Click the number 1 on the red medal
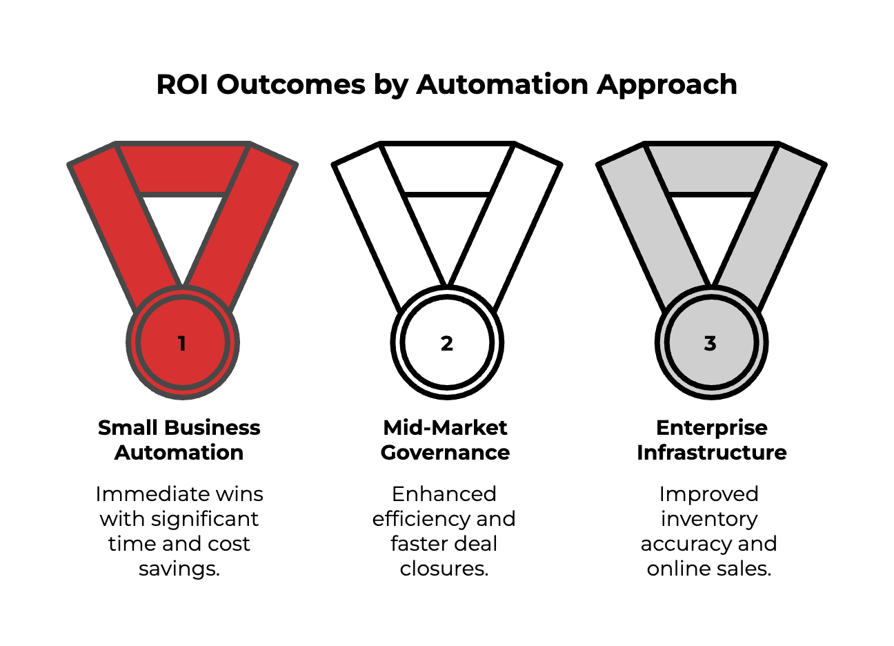(x=181, y=343)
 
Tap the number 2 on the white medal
(x=447, y=343)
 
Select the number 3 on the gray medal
(x=711, y=343)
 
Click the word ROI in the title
(x=182, y=85)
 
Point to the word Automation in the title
(x=503, y=85)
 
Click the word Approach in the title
(x=667, y=85)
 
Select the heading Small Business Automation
(x=179, y=440)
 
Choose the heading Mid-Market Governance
(x=445, y=440)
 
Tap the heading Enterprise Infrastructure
(x=711, y=440)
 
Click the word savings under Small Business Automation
(x=178, y=569)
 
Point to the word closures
(x=444, y=569)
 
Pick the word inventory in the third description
(x=709, y=519)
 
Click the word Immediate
(x=143, y=494)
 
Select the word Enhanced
(x=444, y=494)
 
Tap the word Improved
(x=709, y=494)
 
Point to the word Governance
(x=445, y=453)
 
